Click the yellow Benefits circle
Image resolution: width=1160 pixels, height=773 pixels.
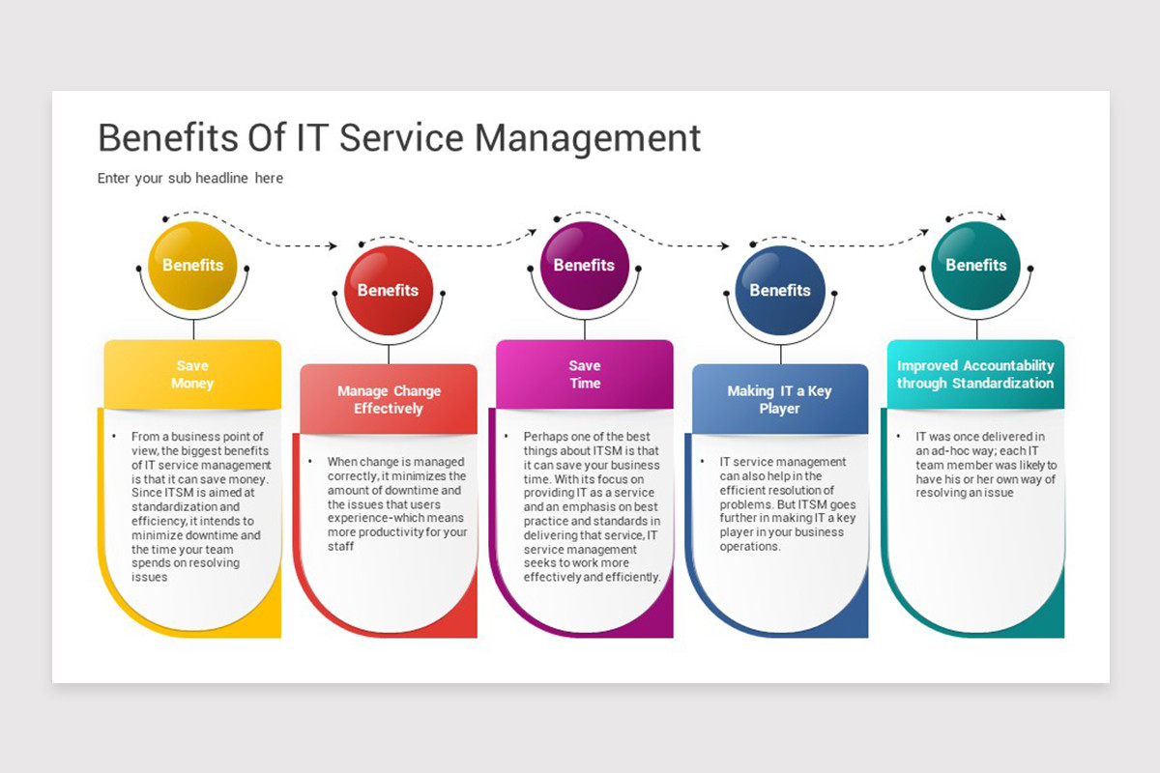192,266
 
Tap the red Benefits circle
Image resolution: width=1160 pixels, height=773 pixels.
389,291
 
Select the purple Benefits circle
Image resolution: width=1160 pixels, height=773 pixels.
585,266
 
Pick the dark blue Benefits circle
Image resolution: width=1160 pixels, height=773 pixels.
780,291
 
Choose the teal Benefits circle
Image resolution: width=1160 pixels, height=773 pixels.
976,266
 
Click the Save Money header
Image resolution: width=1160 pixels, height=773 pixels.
192,374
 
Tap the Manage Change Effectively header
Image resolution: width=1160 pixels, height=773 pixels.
389,399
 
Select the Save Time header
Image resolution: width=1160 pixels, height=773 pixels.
585,374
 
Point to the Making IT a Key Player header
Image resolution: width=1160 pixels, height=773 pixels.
780,399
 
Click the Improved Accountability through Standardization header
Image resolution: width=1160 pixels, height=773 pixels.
975,374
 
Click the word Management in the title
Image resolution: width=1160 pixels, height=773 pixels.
588,139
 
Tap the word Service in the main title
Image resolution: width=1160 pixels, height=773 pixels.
401,138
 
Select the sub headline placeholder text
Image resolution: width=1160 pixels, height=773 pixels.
190,178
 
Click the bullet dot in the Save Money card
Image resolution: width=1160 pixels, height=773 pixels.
114,437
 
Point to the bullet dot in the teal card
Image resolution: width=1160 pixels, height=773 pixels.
898,437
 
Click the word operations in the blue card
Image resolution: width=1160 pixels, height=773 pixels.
750,547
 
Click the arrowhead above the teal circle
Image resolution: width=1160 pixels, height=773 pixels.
1002,217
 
